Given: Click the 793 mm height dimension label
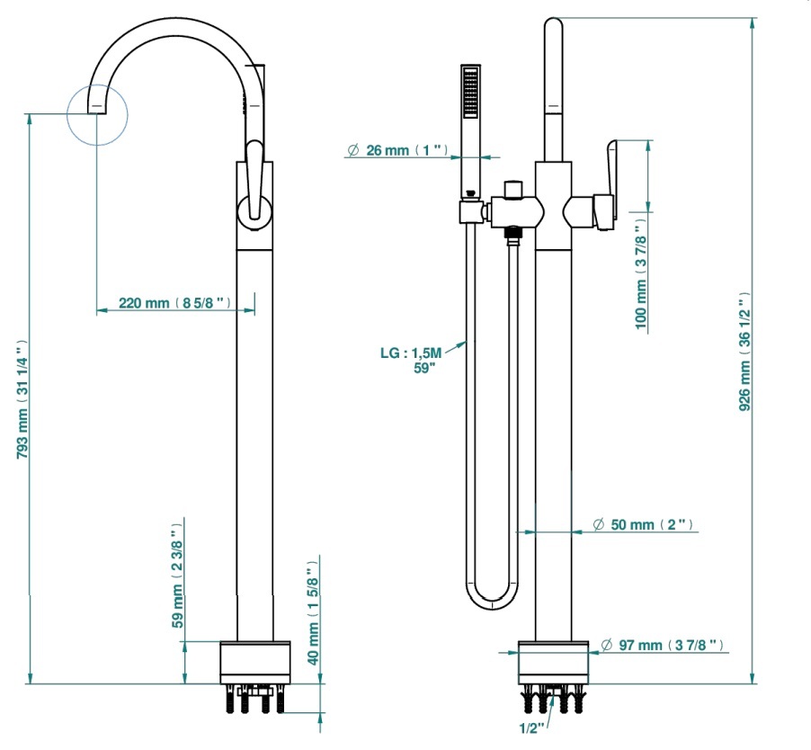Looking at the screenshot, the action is click(22, 399).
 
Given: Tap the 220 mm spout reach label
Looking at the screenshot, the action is click(174, 302).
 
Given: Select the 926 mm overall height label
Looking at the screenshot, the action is click(744, 352).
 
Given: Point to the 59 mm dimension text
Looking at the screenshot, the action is click(177, 575).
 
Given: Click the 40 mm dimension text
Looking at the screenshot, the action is click(313, 613).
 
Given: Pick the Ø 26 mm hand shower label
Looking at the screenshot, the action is click(397, 150).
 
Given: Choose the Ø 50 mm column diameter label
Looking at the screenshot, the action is click(643, 524).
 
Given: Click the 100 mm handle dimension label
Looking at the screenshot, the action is click(641, 273).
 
